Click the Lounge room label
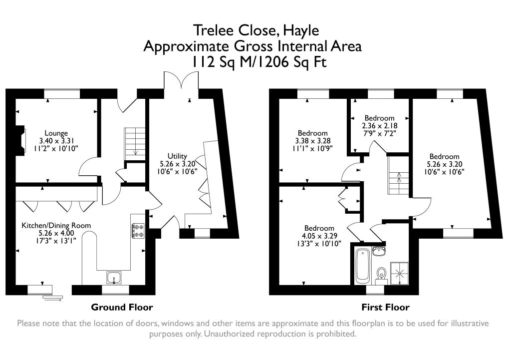tap(56, 133)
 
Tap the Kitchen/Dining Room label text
tap(56, 226)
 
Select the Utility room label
tap(177, 156)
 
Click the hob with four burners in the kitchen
tap(138, 230)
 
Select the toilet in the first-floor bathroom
tap(382, 274)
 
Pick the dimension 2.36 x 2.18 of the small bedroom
tap(379, 126)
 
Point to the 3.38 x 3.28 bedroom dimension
tap(312, 141)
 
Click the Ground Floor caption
tap(122, 307)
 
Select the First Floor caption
tap(385, 307)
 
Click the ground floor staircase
tap(134, 142)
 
